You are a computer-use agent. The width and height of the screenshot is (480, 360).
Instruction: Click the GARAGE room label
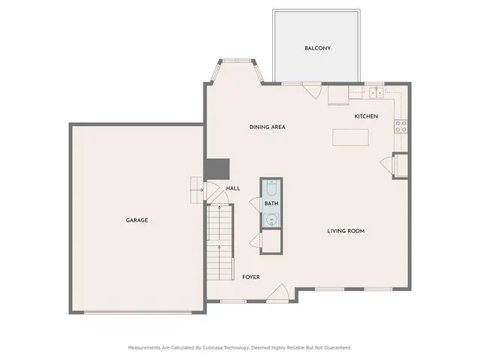[136, 220]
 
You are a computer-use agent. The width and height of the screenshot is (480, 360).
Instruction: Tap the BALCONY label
[317, 48]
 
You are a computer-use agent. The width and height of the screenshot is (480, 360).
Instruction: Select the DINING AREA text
[267, 127]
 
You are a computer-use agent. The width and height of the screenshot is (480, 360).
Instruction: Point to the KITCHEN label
[366, 116]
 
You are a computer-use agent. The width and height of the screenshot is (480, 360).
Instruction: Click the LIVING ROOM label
[346, 231]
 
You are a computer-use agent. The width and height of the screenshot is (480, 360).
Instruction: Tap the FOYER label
[251, 277]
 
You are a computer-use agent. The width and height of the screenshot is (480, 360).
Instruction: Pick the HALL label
[233, 188]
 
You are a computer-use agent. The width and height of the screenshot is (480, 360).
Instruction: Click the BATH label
[271, 204]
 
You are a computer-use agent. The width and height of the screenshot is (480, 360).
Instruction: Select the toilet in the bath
[271, 188]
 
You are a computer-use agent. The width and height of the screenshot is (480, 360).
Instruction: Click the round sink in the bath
[271, 219]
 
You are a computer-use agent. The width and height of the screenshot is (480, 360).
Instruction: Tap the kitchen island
[352, 138]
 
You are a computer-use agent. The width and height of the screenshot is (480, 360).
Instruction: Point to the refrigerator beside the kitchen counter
[338, 96]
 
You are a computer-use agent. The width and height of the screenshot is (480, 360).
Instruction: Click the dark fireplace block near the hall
[217, 168]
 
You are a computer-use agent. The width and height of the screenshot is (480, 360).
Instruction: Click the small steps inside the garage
[197, 189]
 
